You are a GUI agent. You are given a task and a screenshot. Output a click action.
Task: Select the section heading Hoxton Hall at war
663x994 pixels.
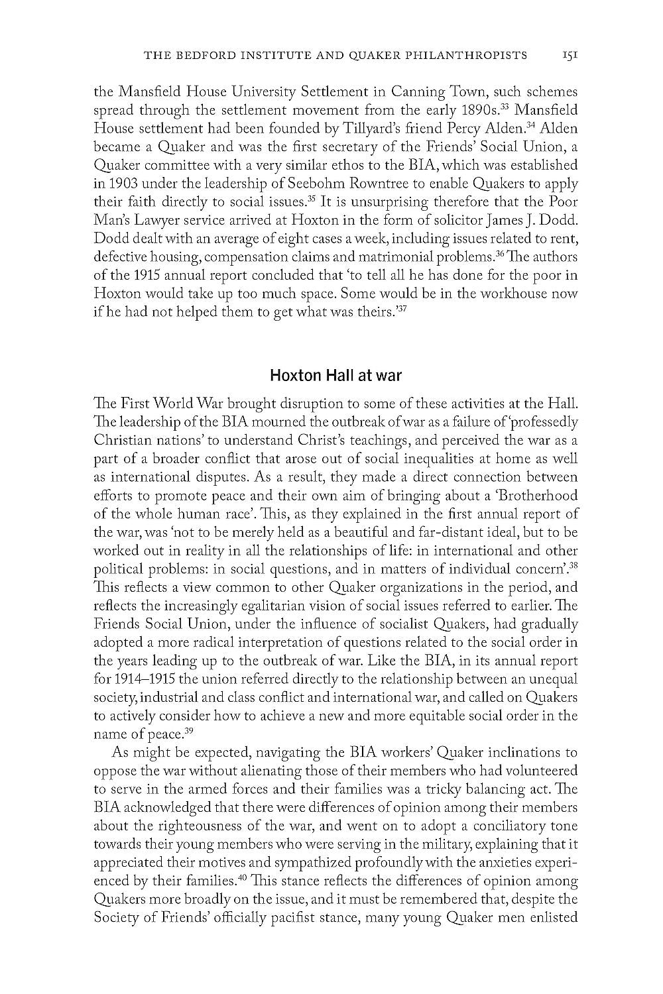pos(335,376)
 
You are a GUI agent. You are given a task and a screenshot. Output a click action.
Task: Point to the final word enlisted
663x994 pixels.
pos(551,918)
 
